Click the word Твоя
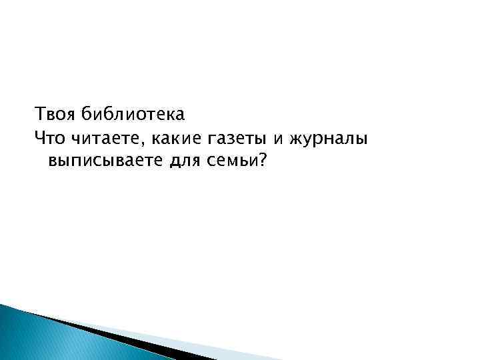click(55, 113)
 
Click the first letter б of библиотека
click(86, 113)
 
